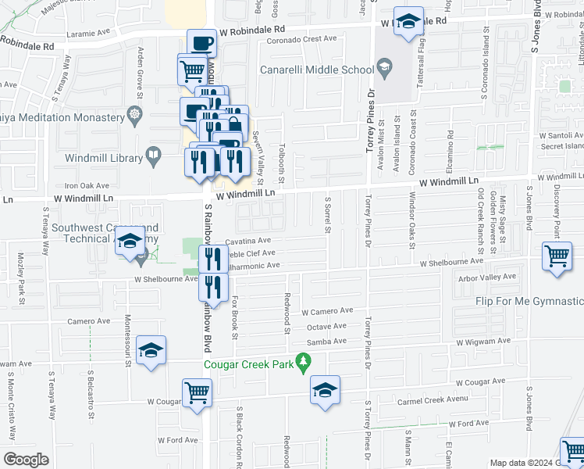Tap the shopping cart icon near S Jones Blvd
pos(557,257)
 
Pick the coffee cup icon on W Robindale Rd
pos(201,43)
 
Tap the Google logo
pos(25,459)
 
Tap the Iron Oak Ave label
pos(87,185)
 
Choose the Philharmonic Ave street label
pos(247,265)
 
